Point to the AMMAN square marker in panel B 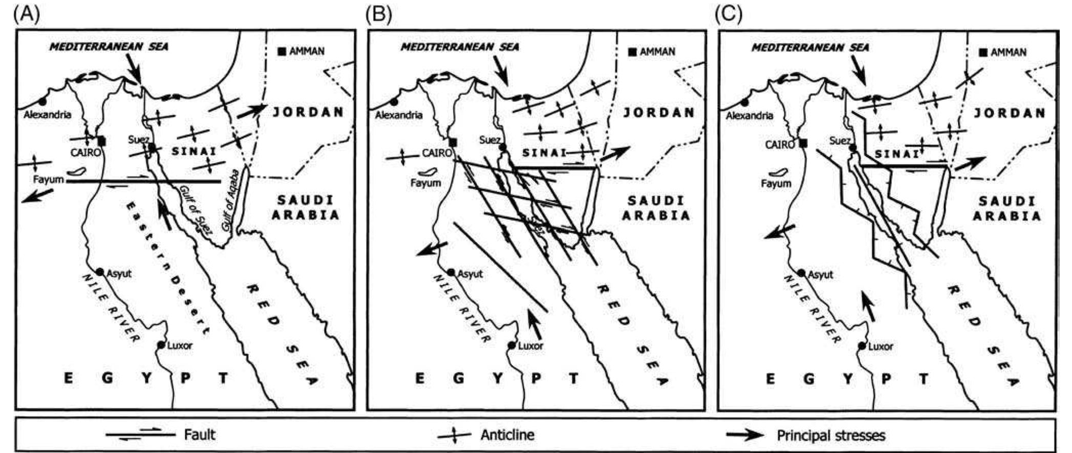click(633, 52)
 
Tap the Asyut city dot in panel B click(451, 273)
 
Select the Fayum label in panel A click(49, 180)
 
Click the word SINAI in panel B click(544, 153)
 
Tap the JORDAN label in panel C click(1010, 113)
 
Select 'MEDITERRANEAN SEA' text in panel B click(459, 47)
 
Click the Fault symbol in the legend click(140, 435)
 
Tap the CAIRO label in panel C click(780, 145)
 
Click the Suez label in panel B click(489, 140)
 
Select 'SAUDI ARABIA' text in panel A click(306, 207)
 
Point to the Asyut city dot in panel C click(802, 274)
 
